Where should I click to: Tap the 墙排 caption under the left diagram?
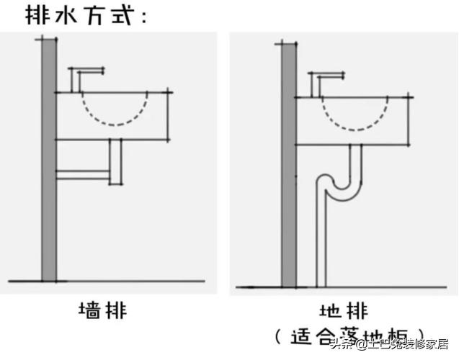point(102,311)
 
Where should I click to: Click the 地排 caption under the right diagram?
point(344,311)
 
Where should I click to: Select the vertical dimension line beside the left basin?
point(169,114)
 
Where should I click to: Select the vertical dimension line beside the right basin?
point(409,120)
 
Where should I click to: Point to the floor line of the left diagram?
point(108,281)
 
